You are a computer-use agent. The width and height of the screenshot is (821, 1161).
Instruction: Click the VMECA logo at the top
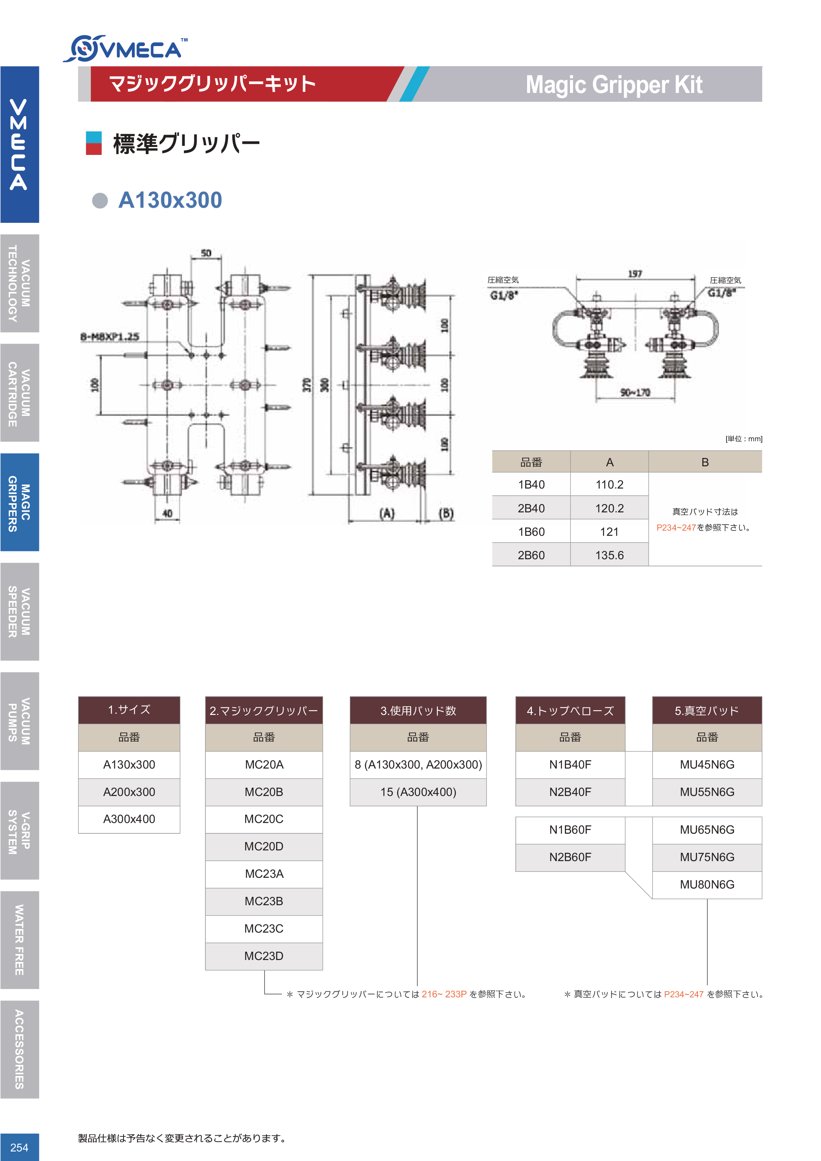point(126,49)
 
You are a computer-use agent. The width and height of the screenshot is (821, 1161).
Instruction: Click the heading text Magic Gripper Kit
point(613,85)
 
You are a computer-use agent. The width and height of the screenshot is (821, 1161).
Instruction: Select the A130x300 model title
point(170,200)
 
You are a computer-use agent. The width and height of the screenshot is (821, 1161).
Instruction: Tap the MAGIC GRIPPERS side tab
point(19,502)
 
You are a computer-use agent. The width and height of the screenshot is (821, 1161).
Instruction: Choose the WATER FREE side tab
point(19,939)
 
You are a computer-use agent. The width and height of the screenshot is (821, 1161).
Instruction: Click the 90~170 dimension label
point(635,392)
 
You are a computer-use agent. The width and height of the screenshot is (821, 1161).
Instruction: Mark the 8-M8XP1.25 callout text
point(110,336)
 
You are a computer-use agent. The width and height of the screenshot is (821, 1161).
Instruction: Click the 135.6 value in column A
point(609,555)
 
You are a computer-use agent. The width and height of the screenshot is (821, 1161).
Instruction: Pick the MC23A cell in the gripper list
point(264,874)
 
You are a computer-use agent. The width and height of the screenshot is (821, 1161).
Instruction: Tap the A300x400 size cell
point(129,819)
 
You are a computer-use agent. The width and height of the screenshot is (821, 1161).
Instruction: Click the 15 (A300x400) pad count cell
point(418,792)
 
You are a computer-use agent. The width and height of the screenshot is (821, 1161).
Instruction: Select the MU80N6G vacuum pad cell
point(707,885)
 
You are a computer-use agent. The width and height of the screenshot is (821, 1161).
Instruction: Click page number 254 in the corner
point(19,1147)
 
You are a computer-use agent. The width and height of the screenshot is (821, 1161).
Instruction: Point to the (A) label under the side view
point(387,514)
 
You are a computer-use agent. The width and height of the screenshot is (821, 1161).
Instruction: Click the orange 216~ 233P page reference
point(444,994)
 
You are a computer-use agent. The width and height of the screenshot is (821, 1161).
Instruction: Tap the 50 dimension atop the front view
point(206,253)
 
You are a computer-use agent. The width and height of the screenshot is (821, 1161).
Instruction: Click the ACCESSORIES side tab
point(19,1049)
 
